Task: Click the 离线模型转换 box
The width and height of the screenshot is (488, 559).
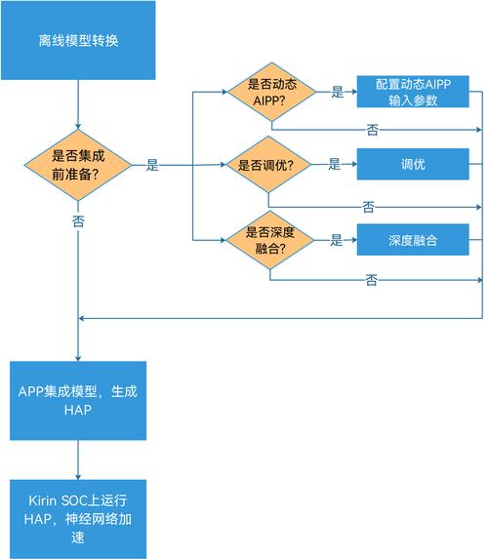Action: coord(77,40)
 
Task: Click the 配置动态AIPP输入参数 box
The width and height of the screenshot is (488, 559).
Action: coord(413,93)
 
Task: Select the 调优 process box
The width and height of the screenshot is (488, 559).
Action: coord(413,165)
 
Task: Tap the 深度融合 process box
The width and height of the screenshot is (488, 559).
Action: coord(413,239)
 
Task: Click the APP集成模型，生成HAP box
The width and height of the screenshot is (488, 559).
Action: coord(77,400)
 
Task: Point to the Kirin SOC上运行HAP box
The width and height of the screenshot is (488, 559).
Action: coord(77,518)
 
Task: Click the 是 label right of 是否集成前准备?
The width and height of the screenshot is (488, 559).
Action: coord(152,166)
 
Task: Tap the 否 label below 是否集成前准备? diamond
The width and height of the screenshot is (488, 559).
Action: coord(78,221)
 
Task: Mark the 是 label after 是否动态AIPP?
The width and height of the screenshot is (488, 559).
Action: coord(338,93)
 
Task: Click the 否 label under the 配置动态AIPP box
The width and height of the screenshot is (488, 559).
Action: coord(372,130)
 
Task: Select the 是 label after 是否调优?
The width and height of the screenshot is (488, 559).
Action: coord(334,165)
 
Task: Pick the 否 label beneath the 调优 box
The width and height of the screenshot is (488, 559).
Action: coord(368,207)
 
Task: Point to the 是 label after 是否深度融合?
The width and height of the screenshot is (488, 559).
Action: coord(337,239)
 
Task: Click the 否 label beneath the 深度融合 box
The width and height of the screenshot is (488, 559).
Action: coord(371,281)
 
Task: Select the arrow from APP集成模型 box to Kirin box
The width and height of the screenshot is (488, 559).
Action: coord(77,459)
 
